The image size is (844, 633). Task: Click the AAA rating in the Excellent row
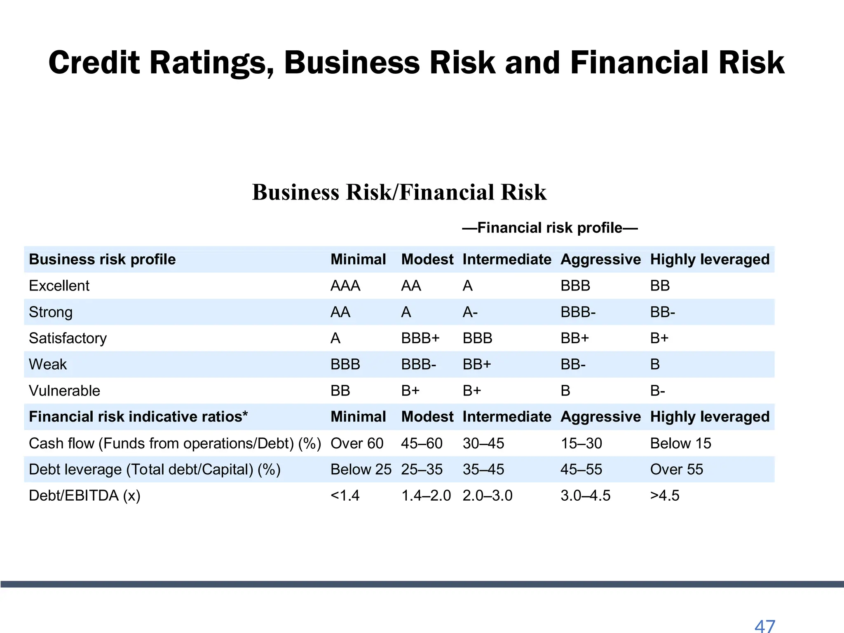pos(345,286)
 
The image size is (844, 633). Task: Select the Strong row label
pos(51,312)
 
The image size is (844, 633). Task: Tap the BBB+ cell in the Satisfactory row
pos(420,338)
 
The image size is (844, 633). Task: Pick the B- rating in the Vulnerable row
pos(657,391)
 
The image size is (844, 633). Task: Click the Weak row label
pos(48,364)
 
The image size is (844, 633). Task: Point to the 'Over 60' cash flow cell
pos(357,443)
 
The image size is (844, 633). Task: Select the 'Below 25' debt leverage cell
pos(361,469)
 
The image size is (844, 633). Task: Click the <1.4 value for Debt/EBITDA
pos(345,495)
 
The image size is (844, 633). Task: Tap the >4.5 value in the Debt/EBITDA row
pos(665,495)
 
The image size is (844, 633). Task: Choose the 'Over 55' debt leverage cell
pos(677,469)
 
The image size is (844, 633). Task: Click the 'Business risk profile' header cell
pos(102,259)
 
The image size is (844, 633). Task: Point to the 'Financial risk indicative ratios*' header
pos(138,417)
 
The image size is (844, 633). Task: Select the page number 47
pos(765,626)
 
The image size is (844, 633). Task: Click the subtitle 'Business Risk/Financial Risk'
pos(399,192)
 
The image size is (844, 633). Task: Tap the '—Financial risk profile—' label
pos(550,227)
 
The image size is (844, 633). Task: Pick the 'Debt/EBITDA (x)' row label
pos(84,495)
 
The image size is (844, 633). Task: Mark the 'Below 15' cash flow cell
pos(680,443)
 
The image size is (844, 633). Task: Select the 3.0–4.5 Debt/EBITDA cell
pos(585,495)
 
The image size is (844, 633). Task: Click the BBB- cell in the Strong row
pos(578,312)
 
